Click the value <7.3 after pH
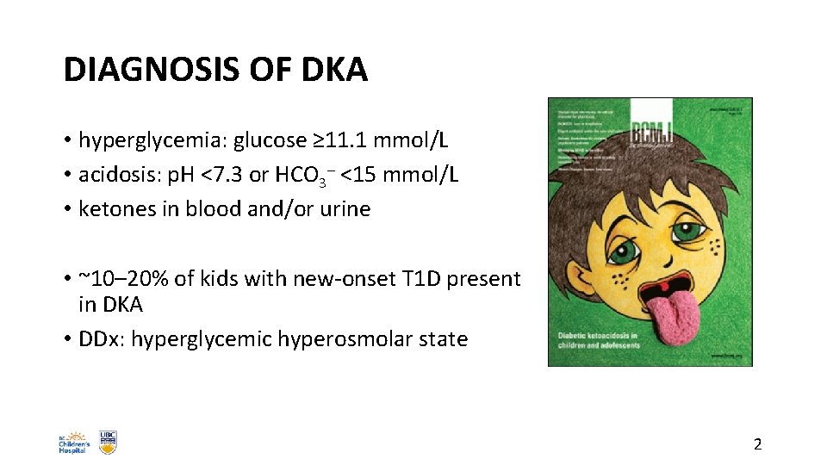(223, 175)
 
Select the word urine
(344, 209)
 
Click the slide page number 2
(757, 444)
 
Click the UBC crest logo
(108, 443)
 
